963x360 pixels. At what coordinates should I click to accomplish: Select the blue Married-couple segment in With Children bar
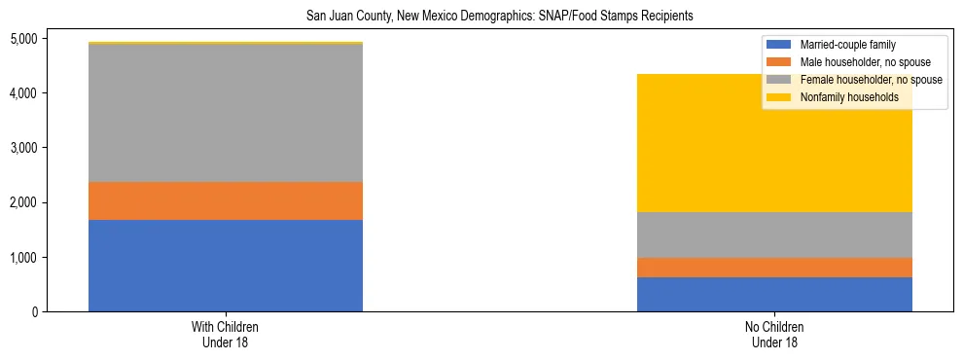coord(226,266)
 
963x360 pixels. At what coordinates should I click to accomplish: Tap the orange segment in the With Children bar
coord(226,200)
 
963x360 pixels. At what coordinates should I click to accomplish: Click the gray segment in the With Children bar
coord(226,113)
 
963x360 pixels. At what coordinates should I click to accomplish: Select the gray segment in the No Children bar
coord(774,234)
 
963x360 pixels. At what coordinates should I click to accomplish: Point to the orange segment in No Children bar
coord(774,268)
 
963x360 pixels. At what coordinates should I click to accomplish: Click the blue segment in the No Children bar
coord(774,294)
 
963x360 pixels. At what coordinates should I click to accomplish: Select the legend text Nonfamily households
coord(841,97)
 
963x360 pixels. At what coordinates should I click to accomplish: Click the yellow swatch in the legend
coord(779,97)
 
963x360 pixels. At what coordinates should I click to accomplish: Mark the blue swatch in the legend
coord(779,45)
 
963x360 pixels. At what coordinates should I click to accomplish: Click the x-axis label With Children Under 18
coord(226,335)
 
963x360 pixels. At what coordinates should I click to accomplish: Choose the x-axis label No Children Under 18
coord(774,335)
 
